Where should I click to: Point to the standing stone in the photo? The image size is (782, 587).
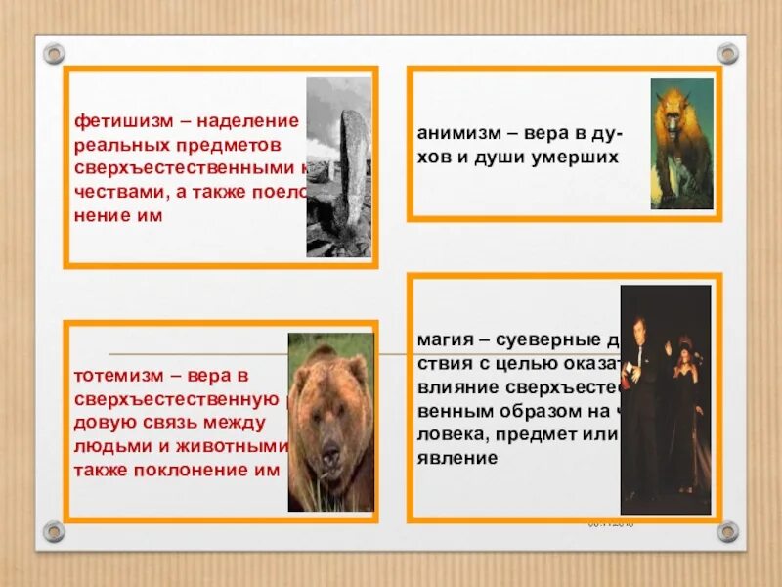(351, 181)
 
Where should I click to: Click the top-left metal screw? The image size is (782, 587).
(54, 53)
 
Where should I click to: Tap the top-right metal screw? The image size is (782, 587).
(728, 53)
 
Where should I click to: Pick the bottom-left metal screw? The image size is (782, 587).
(54, 531)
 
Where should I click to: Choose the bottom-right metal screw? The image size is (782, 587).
(728, 531)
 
